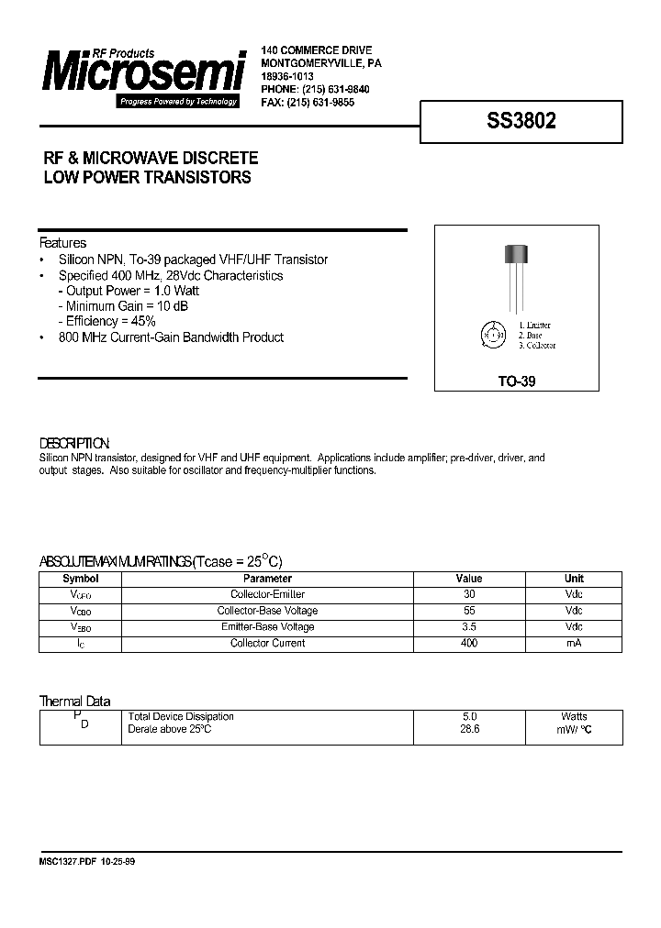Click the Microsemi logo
[x=142, y=77]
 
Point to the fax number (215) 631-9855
[x=320, y=104]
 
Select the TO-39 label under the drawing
[x=516, y=382]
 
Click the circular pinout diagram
[x=494, y=336]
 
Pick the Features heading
[x=63, y=243]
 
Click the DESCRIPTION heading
[x=74, y=443]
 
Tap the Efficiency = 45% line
[x=106, y=322]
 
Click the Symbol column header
[x=80, y=579]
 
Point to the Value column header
[x=469, y=579]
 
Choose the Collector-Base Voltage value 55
[x=469, y=611]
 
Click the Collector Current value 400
[x=469, y=643]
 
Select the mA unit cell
[x=574, y=643]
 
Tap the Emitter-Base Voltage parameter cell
[x=267, y=626]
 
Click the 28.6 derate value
[x=469, y=729]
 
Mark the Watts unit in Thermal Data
[x=574, y=716]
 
